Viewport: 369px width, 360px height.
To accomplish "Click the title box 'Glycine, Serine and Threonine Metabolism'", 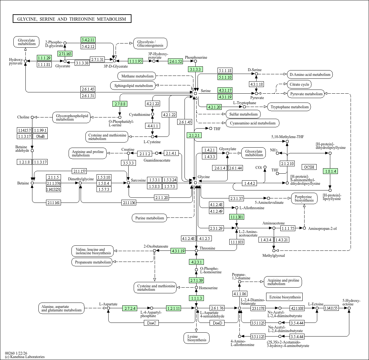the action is pyautogui.click(x=72, y=19).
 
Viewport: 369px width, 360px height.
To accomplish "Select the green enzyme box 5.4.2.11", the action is pyautogui.click(x=88, y=40).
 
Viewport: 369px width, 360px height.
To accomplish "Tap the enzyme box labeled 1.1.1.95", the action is pyautogui.click(x=135, y=61).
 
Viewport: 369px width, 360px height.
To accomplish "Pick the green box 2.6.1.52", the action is pyautogui.click(x=175, y=61).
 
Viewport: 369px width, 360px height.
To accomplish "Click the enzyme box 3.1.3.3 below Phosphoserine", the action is pyautogui.click(x=195, y=69).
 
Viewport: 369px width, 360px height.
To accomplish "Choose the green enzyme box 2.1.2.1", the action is pyautogui.click(x=194, y=135).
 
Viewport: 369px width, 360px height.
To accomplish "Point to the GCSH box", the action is pyautogui.click(x=309, y=167).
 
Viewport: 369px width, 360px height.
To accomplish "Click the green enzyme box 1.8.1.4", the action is pyautogui.click(x=330, y=171).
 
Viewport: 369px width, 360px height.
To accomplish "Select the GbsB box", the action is pyautogui.click(x=40, y=136).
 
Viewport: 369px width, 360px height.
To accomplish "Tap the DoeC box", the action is pyautogui.click(x=151, y=323).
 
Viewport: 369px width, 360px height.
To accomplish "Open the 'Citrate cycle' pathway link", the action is pyautogui.click(x=299, y=84).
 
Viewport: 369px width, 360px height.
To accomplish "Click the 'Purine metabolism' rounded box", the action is pyautogui.click(x=150, y=218).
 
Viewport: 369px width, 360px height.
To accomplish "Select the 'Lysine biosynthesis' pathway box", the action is pyautogui.click(x=197, y=338).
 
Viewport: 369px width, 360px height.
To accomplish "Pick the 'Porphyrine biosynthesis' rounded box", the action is pyautogui.click(x=304, y=199).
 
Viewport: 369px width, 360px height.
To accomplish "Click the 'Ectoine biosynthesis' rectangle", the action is pyautogui.click(x=285, y=297).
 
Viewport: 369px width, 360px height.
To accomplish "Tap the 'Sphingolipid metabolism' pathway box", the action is pyautogui.click(x=133, y=86).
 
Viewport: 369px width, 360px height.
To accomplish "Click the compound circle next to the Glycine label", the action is pyautogui.click(x=195, y=183).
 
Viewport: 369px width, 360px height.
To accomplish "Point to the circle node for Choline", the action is pyautogui.click(x=32, y=117).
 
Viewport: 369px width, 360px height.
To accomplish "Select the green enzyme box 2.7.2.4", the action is pyautogui.click(x=130, y=308).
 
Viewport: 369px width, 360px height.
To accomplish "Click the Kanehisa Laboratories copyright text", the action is pyautogui.click(x=25, y=357).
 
